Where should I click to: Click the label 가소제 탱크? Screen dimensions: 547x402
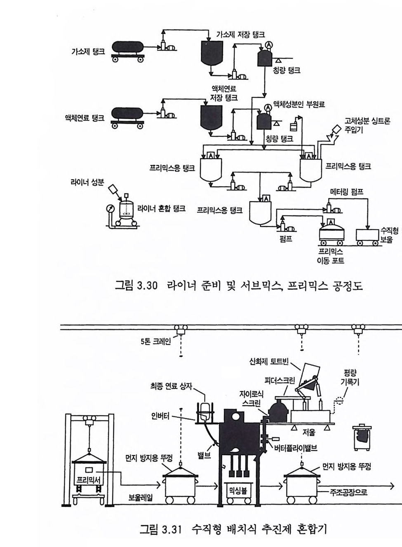(88, 52)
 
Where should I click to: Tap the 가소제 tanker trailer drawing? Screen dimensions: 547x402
(128, 48)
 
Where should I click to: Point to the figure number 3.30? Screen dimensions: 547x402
(147, 286)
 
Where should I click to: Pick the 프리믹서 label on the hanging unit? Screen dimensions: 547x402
(89, 479)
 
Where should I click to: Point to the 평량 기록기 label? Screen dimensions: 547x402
(350, 378)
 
